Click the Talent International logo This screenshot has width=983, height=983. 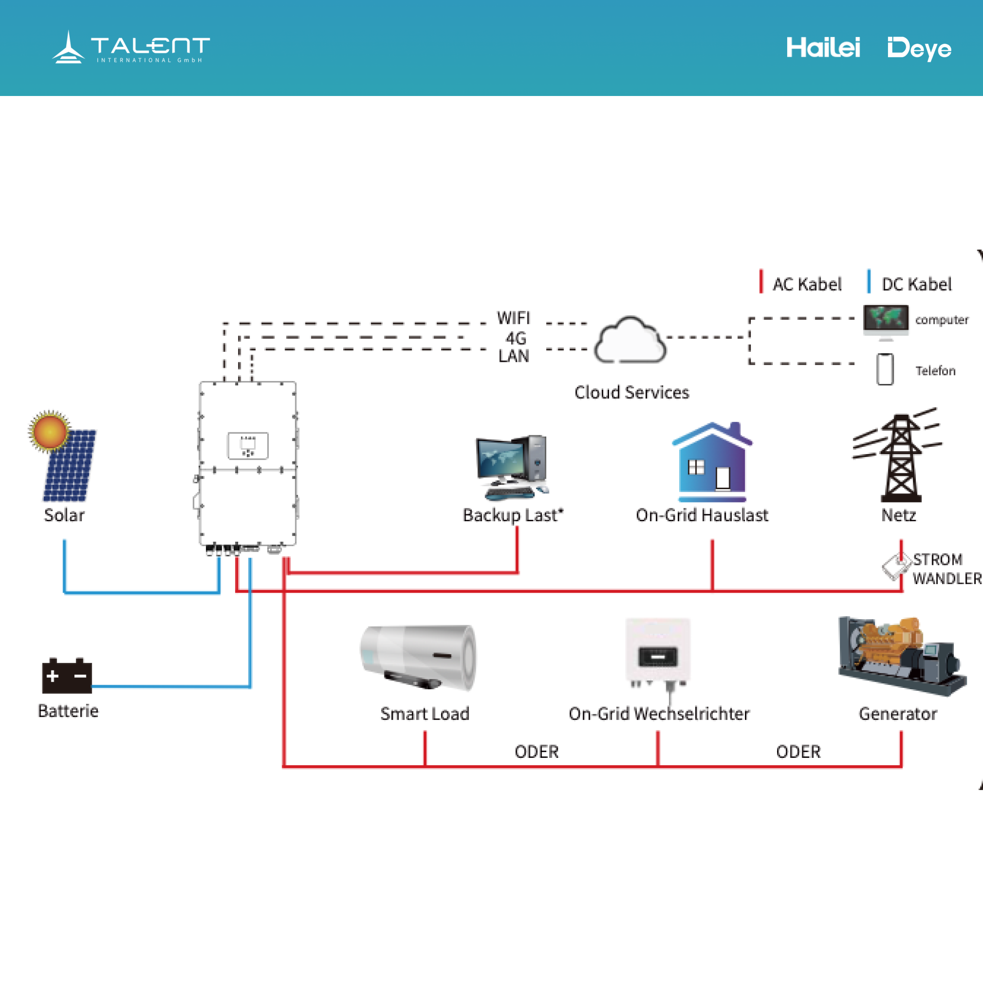pos(130,48)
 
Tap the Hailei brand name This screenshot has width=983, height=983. pos(823,48)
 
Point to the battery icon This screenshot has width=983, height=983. pos(67,676)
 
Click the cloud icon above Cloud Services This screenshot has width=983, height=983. pos(630,341)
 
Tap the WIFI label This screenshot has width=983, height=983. pos(514,318)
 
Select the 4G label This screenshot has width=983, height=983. pos(515,338)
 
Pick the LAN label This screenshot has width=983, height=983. pos(514,356)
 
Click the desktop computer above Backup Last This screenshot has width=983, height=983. pos(512,466)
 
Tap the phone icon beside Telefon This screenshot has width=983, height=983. pos(885,370)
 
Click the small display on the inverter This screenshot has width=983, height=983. pos(248,445)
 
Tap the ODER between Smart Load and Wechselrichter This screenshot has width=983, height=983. pos(536,752)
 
